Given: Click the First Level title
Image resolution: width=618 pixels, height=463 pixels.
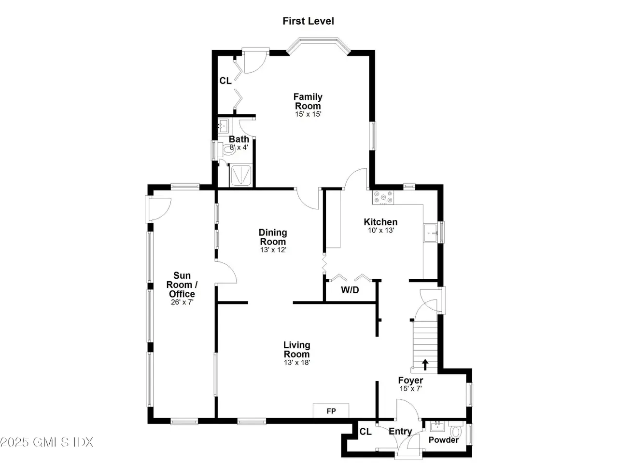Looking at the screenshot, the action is tap(308, 21).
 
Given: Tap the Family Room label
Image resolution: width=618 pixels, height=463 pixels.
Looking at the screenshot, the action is tap(308, 101).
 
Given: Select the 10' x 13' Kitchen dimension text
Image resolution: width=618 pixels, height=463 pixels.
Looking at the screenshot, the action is tap(380, 230).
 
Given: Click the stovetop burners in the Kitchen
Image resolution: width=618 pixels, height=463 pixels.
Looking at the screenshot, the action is tap(383, 197).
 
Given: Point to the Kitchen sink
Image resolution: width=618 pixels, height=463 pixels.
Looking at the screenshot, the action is tap(430, 233).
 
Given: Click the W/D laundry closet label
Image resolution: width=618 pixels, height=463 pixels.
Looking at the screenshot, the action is tap(350, 290).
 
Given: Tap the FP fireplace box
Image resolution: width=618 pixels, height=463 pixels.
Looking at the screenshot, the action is tap(331, 411).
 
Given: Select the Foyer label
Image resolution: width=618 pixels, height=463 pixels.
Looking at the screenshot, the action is tap(410, 381).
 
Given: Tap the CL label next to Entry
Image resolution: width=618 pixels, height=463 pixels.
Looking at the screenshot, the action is tap(365, 432).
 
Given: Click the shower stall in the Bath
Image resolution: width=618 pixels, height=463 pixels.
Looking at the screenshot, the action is tap(240, 176).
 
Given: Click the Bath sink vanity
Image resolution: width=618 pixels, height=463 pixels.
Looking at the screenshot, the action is tap(224, 126).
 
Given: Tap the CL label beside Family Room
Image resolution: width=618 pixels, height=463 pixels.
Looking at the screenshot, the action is tap(225, 81).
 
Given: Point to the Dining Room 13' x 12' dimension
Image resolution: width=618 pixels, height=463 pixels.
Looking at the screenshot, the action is tap(273, 250).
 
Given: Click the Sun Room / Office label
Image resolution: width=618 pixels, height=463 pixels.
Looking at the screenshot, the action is tap(182, 285).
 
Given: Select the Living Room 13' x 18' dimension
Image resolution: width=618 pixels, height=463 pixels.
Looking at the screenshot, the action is tap(297, 362).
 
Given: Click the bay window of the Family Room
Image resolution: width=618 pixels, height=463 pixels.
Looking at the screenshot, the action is tap(319, 40).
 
